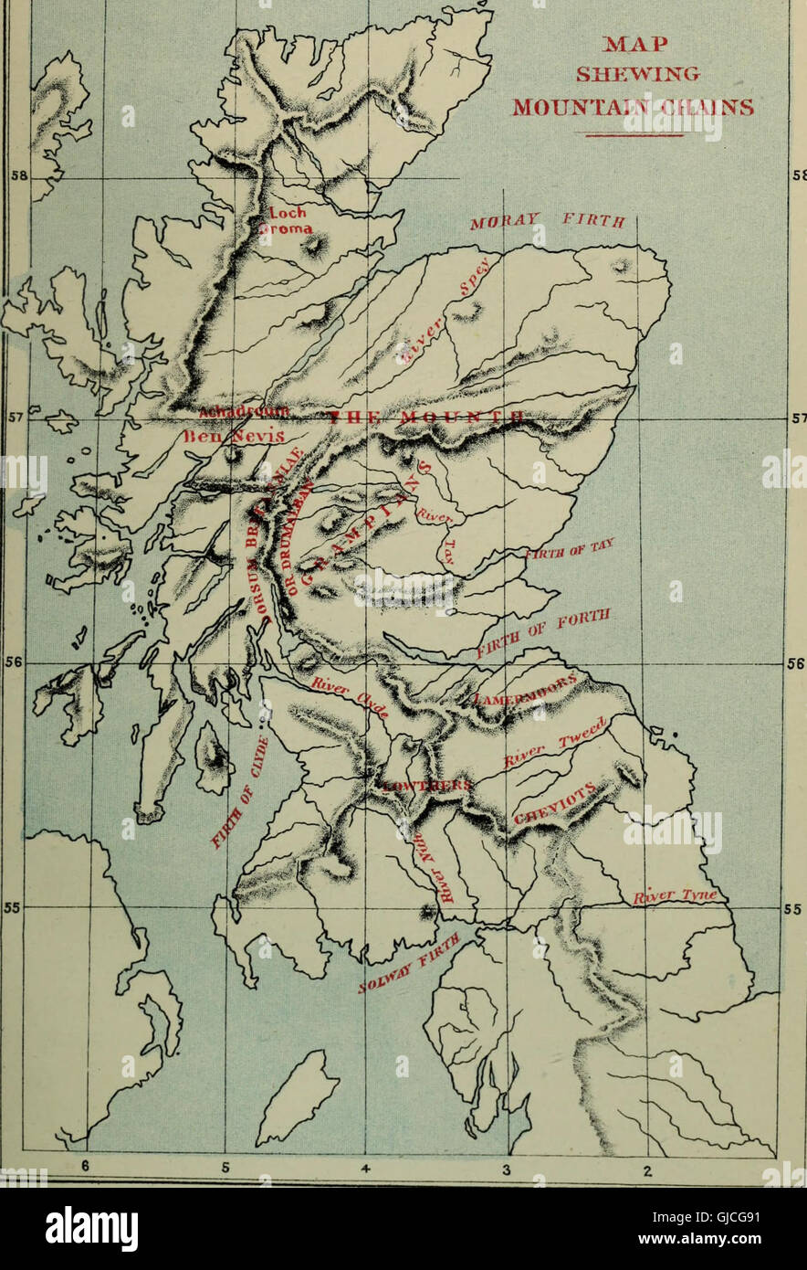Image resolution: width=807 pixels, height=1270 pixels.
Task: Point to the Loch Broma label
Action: coord(289,220)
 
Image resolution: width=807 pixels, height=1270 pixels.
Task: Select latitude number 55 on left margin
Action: coord(14,908)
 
